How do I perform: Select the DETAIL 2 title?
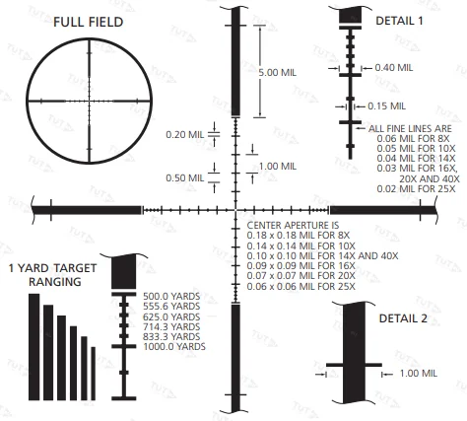[404, 318]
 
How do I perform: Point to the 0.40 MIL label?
[393, 67]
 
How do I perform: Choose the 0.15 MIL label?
[386, 105]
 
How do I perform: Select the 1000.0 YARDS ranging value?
[173, 347]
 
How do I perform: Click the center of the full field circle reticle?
[89, 101]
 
